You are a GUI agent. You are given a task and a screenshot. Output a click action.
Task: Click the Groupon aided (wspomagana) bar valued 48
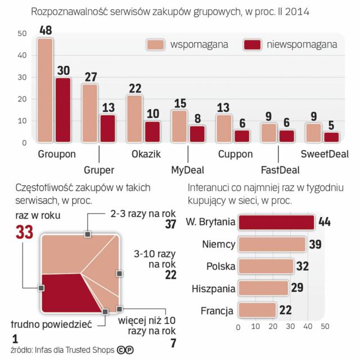tap(45, 90)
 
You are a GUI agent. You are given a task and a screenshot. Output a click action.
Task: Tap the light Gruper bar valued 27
tap(90, 113)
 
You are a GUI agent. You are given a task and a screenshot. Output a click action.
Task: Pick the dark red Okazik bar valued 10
tap(152, 132)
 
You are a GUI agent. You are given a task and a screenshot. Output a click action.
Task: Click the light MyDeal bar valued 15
tap(179, 126)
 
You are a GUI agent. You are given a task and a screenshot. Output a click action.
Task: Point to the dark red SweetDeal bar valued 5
tap(332, 137)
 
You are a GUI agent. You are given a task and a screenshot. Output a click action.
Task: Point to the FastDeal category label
tap(280, 169)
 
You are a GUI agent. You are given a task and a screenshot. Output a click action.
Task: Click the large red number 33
tap(28, 232)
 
